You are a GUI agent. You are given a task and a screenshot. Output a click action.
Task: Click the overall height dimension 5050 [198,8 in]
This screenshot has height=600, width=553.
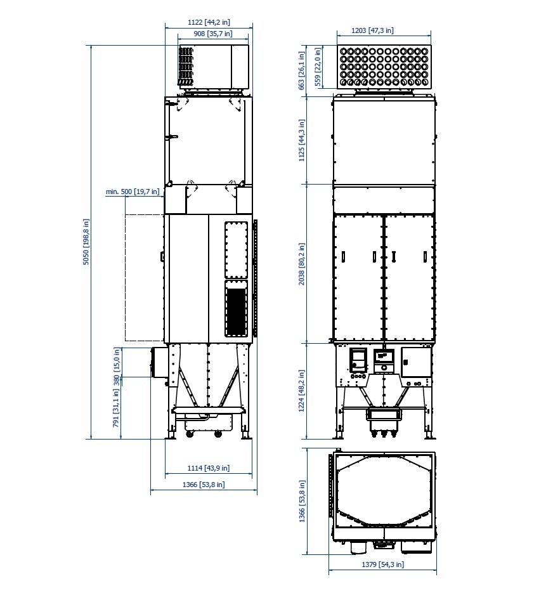[86, 242]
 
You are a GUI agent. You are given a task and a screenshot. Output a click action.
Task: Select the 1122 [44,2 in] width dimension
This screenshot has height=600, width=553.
[209, 22]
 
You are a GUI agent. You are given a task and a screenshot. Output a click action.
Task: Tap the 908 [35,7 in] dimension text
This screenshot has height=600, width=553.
[213, 34]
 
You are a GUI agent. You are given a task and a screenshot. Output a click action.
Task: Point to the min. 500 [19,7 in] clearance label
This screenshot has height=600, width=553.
[133, 192]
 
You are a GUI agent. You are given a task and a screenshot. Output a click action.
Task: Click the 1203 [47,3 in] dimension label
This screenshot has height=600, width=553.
[372, 30]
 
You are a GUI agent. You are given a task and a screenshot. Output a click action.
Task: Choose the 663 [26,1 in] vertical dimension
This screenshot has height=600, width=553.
[302, 71]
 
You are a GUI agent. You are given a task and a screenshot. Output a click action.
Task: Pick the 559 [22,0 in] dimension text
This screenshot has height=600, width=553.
[318, 67]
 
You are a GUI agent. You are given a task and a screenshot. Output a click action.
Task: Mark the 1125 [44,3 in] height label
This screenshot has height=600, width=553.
[302, 140]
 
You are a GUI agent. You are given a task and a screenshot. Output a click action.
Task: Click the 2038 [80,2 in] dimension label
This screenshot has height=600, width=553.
[302, 264]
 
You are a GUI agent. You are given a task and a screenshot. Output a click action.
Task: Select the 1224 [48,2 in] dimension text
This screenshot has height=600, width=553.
[302, 391]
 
